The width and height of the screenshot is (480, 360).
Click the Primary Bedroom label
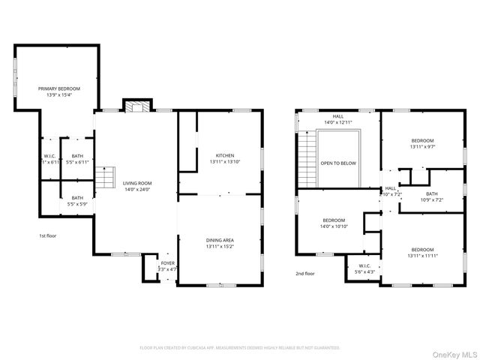pyautogui.click(x=58, y=91)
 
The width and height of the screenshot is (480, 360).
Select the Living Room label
pyautogui.click(x=137, y=186)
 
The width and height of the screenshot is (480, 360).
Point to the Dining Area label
pyautogui.click(x=220, y=243)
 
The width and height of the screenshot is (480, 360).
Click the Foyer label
pyautogui.click(x=166, y=266)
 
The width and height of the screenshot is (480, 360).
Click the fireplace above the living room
pyautogui.click(x=136, y=106)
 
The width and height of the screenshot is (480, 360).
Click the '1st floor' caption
pyautogui.click(x=48, y=236)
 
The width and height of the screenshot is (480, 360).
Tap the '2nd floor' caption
pyautogui.click(x=305, y=274)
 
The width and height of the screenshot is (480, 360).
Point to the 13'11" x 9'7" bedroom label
pyautogui.click(x=421, y=144)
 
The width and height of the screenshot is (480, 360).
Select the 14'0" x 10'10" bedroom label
pyautogui.click(x=333, y=223)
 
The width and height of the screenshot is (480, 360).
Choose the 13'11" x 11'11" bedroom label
pyautogui.click(x=421, y=253)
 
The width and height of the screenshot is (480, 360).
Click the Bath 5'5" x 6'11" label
pyautogui.click(x=77, y=159)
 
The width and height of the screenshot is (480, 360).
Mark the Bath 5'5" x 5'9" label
pyautogui.click(x=77, y=201)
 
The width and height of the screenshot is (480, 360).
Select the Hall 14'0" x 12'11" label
pyautogui.click(x=338, y=118)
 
